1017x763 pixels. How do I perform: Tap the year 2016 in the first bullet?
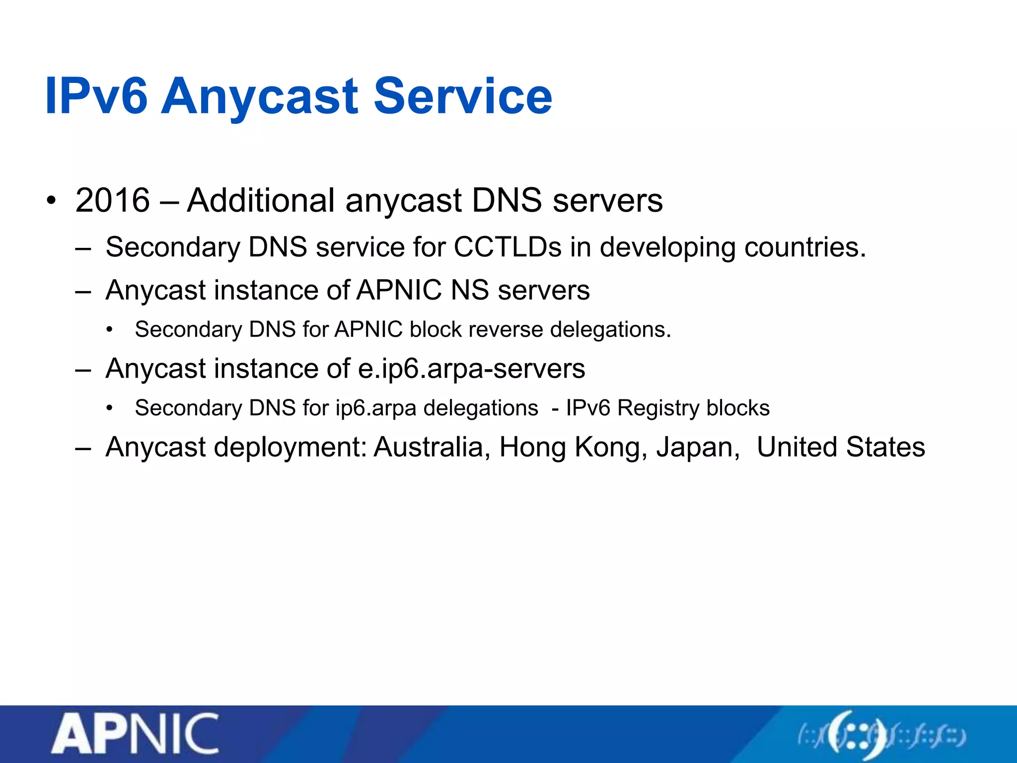point(113,200)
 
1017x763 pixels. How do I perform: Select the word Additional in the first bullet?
point(261,200)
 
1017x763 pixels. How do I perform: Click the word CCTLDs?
point(507,247)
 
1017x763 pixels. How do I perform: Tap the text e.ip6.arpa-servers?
point(471,369)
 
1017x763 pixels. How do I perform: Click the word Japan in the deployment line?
point(698,447)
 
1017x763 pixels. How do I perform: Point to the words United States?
point(841,447)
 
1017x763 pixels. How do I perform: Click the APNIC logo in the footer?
point(135,734)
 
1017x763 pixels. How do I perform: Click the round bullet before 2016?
point(52,201)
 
